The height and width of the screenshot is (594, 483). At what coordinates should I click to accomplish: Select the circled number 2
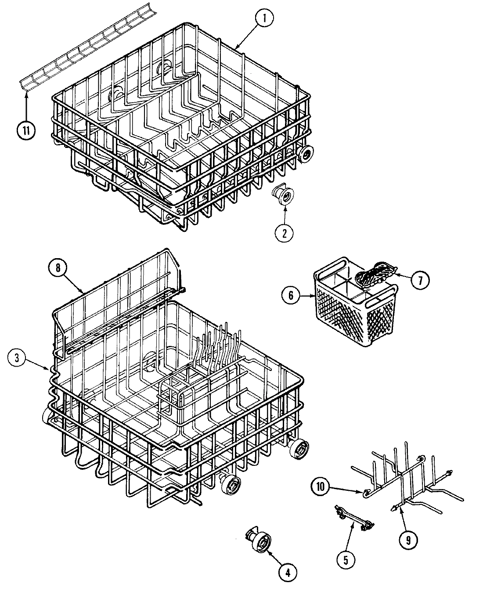click(285, 233)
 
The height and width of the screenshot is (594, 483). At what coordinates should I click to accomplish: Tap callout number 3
click(16, 357)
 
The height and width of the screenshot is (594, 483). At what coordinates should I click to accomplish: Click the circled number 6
click(291, 295)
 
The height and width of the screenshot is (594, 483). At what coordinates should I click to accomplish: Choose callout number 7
click(420, 280)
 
